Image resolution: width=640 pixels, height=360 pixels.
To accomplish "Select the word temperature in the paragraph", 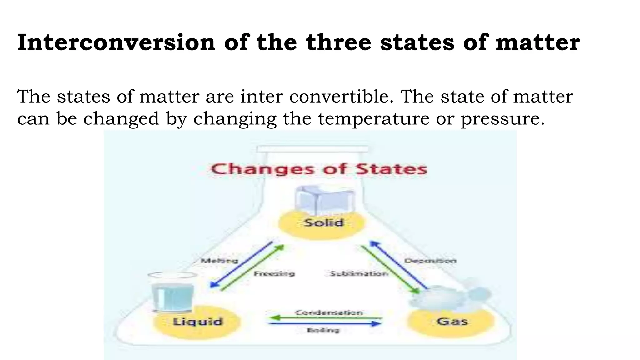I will point(374,119).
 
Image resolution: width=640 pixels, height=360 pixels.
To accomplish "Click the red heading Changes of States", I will point(319,169).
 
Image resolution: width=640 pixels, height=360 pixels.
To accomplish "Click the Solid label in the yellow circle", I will point(324,223).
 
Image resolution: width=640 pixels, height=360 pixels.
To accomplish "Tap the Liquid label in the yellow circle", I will point(197,322).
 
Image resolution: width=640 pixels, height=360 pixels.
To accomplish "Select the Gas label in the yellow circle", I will point(452,321).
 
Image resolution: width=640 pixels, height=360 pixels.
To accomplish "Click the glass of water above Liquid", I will point(172,294).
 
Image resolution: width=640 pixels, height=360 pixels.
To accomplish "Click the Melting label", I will point(219,261).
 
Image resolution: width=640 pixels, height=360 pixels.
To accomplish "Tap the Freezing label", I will point(274,274).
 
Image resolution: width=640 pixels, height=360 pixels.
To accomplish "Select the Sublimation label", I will point(359,274).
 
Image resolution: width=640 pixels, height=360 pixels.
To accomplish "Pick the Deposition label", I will point(430,261).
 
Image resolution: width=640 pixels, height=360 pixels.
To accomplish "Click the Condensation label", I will point(329,312).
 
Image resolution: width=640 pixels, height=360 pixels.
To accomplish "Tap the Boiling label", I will point(323,330).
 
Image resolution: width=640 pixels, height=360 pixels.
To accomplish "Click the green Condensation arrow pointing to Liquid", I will point(325,318).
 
